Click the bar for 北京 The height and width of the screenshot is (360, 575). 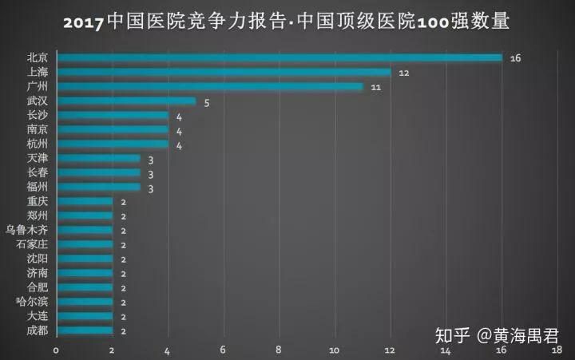[280, 57]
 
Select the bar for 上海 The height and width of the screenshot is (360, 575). [224, 72]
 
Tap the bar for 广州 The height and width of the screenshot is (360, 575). [210, 86]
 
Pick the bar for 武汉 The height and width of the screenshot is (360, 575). [126, 101]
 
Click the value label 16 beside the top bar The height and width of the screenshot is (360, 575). [515, 58]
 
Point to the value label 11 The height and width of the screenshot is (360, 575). [376, 87]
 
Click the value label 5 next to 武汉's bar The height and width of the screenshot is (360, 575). [206, 102]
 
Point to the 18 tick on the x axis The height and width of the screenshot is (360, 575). [556, 350]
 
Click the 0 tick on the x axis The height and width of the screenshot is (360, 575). [56, 350]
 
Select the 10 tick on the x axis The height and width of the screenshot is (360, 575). [334, 350]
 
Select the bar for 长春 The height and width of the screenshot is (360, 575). [98, 172]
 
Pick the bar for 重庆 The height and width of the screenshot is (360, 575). [85, 201]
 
